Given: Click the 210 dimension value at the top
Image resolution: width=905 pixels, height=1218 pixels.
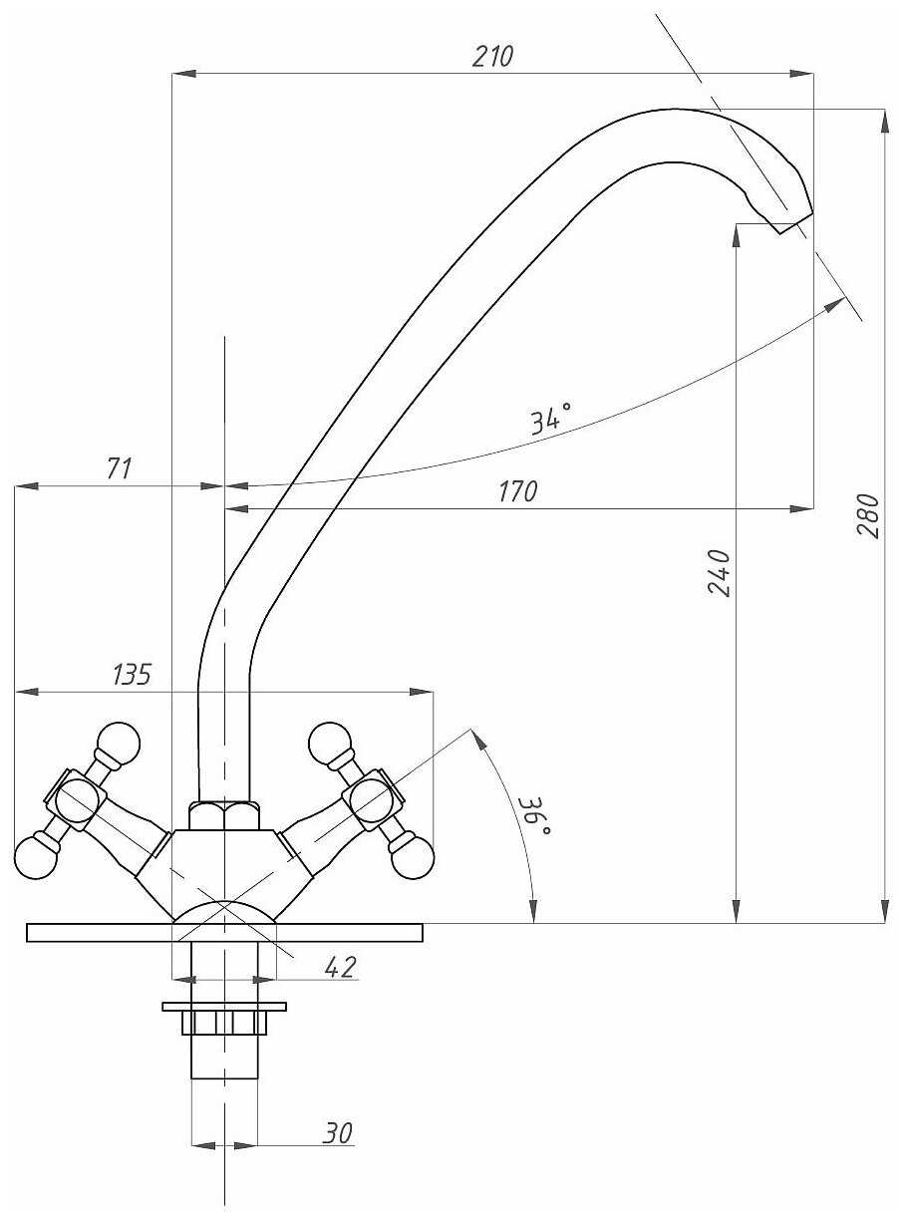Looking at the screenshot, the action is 492,56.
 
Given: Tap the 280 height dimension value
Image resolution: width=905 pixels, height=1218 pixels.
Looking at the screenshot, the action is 868,516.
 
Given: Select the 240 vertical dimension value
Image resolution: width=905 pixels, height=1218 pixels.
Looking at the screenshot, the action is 720,572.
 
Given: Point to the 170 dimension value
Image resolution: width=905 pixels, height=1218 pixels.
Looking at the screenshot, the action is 518,491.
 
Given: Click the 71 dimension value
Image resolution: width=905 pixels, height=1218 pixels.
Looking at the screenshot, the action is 121,468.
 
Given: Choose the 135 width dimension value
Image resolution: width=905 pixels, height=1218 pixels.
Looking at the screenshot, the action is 132,675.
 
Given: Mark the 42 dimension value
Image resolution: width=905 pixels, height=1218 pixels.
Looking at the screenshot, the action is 341,967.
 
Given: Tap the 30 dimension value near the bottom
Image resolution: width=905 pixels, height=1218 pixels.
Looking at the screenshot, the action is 337,1133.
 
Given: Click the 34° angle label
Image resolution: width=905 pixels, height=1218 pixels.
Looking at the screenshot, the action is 551,419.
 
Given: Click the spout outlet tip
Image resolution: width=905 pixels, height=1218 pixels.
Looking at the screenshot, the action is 795,222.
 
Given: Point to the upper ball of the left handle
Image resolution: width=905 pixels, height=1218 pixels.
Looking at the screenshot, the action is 118,746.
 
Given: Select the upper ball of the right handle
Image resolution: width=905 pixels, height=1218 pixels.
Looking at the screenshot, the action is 331,746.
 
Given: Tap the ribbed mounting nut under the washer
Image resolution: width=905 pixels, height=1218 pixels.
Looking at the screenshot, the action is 224,1023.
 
